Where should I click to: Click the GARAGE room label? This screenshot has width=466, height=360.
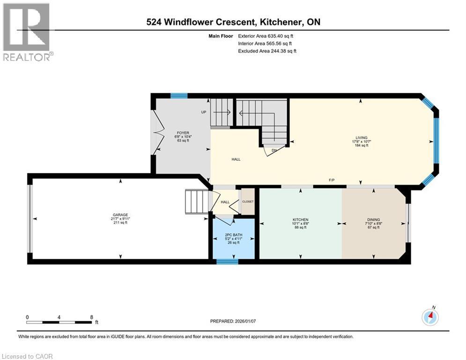click(120, 215)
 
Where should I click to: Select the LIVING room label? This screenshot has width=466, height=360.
click(361, 137)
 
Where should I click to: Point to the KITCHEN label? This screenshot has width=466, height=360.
click(300, 220)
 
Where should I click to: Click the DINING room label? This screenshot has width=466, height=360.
click(373, 220)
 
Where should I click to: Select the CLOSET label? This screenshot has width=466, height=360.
click(248, 202)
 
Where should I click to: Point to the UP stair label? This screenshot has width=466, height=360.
click(204, 112)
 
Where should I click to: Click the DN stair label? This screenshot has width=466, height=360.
click(275, 150)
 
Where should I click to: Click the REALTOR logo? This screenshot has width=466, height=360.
click(27, 32)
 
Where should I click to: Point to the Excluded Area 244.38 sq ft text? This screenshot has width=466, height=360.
click(267, 51)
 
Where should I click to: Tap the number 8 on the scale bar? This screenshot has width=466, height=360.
click(91, 317)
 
